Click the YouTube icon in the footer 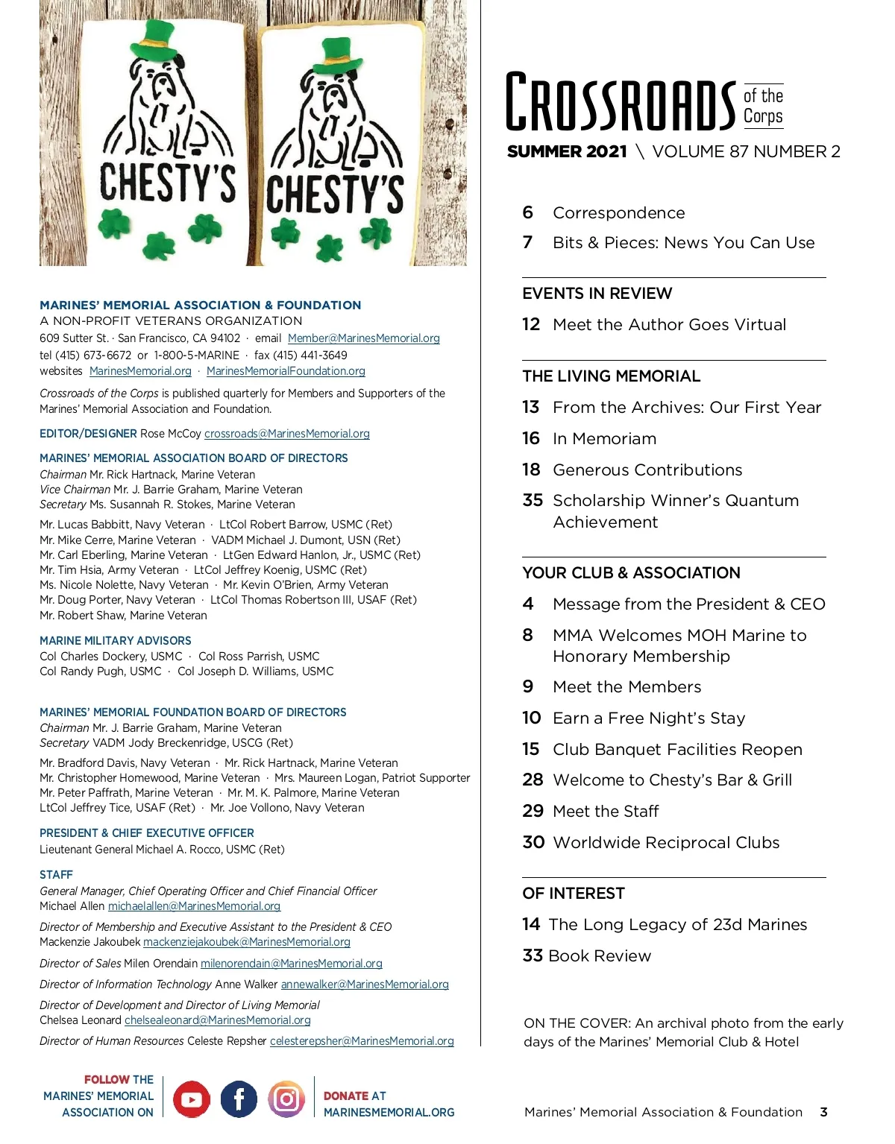(x=192, y=1099)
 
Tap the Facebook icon (x=239, y=1099)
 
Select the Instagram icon (x=286, y=1099)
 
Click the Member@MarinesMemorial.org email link (x=364, y=338)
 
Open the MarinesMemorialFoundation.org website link (x=286, y=371)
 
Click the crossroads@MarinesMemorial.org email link (x=287, y=434)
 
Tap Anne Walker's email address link (x=365, y=985)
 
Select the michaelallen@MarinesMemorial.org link (x=194, y=906)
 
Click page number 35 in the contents (x=533, y=500)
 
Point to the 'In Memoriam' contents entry (x=604, y=439)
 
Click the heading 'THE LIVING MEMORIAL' (x=611, y=376)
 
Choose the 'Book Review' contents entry (x=600, y=956)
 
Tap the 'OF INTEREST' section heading (x=573, y=894)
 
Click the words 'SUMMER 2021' (x=567, y=152)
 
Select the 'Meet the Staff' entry (x=606, y=812)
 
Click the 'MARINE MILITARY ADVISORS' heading (x=116, y=641)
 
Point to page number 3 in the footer (x=823, y=1112)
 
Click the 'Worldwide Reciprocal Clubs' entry (x=666, y=843)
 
